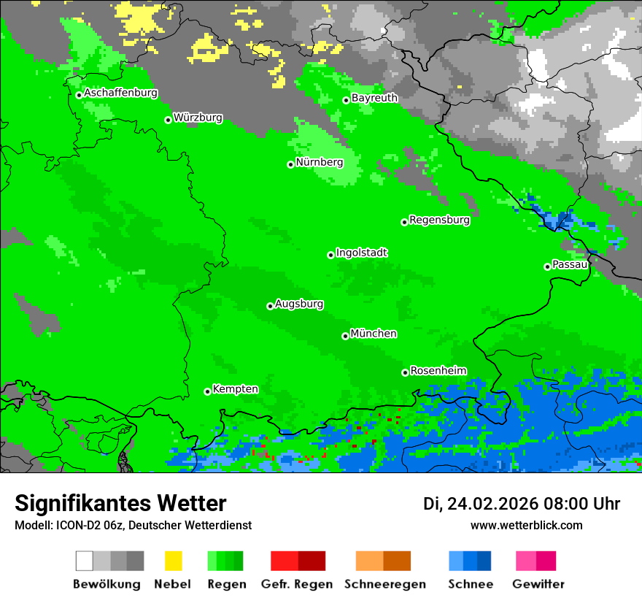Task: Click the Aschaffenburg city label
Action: tap(120, 93)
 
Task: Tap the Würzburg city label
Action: tap(198, 118)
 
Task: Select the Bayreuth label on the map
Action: tap(374, 98)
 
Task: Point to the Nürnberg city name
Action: tap(319, 162)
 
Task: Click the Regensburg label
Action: tap(439, 220)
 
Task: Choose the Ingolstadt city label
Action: tap(361, 253)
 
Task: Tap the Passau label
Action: tap(570, 264)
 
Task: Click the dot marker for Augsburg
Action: tap(270, 306)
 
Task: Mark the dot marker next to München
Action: tap(345, 336)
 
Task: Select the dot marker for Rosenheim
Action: tap(405, 372)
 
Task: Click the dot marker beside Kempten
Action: tap(207, 391)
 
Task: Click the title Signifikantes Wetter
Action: tap(120, 503)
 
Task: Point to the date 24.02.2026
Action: tap(492, 504)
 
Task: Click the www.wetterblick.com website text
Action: tap(526, 525)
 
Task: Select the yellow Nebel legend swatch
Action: tap(173, 561)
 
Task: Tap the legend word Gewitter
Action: tap(538, 584)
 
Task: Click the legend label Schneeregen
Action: tap(384, 584)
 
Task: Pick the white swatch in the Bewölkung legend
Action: tap(85, 561)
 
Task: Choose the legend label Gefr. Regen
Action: tap(296, 584)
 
